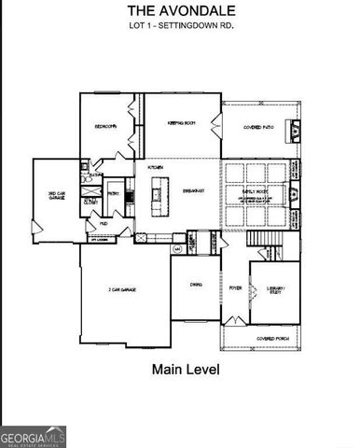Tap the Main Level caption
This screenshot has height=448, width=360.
point(186,370)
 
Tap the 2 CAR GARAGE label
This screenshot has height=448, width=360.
point(122,290)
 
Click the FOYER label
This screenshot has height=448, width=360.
point(235,288)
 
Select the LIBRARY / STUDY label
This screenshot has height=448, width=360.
point(275,290)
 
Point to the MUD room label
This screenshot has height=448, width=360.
point(103,224)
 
